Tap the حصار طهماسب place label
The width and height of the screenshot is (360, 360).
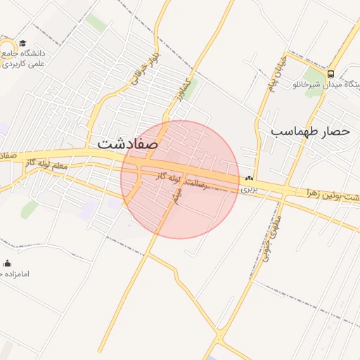click(310, 131)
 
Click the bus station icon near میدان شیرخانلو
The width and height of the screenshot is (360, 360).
click(330, 73)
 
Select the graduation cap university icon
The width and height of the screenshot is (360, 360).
click(23, 44)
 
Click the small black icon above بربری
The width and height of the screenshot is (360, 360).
click(250, 179)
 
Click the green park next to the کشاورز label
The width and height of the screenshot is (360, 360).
click(191, 91)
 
